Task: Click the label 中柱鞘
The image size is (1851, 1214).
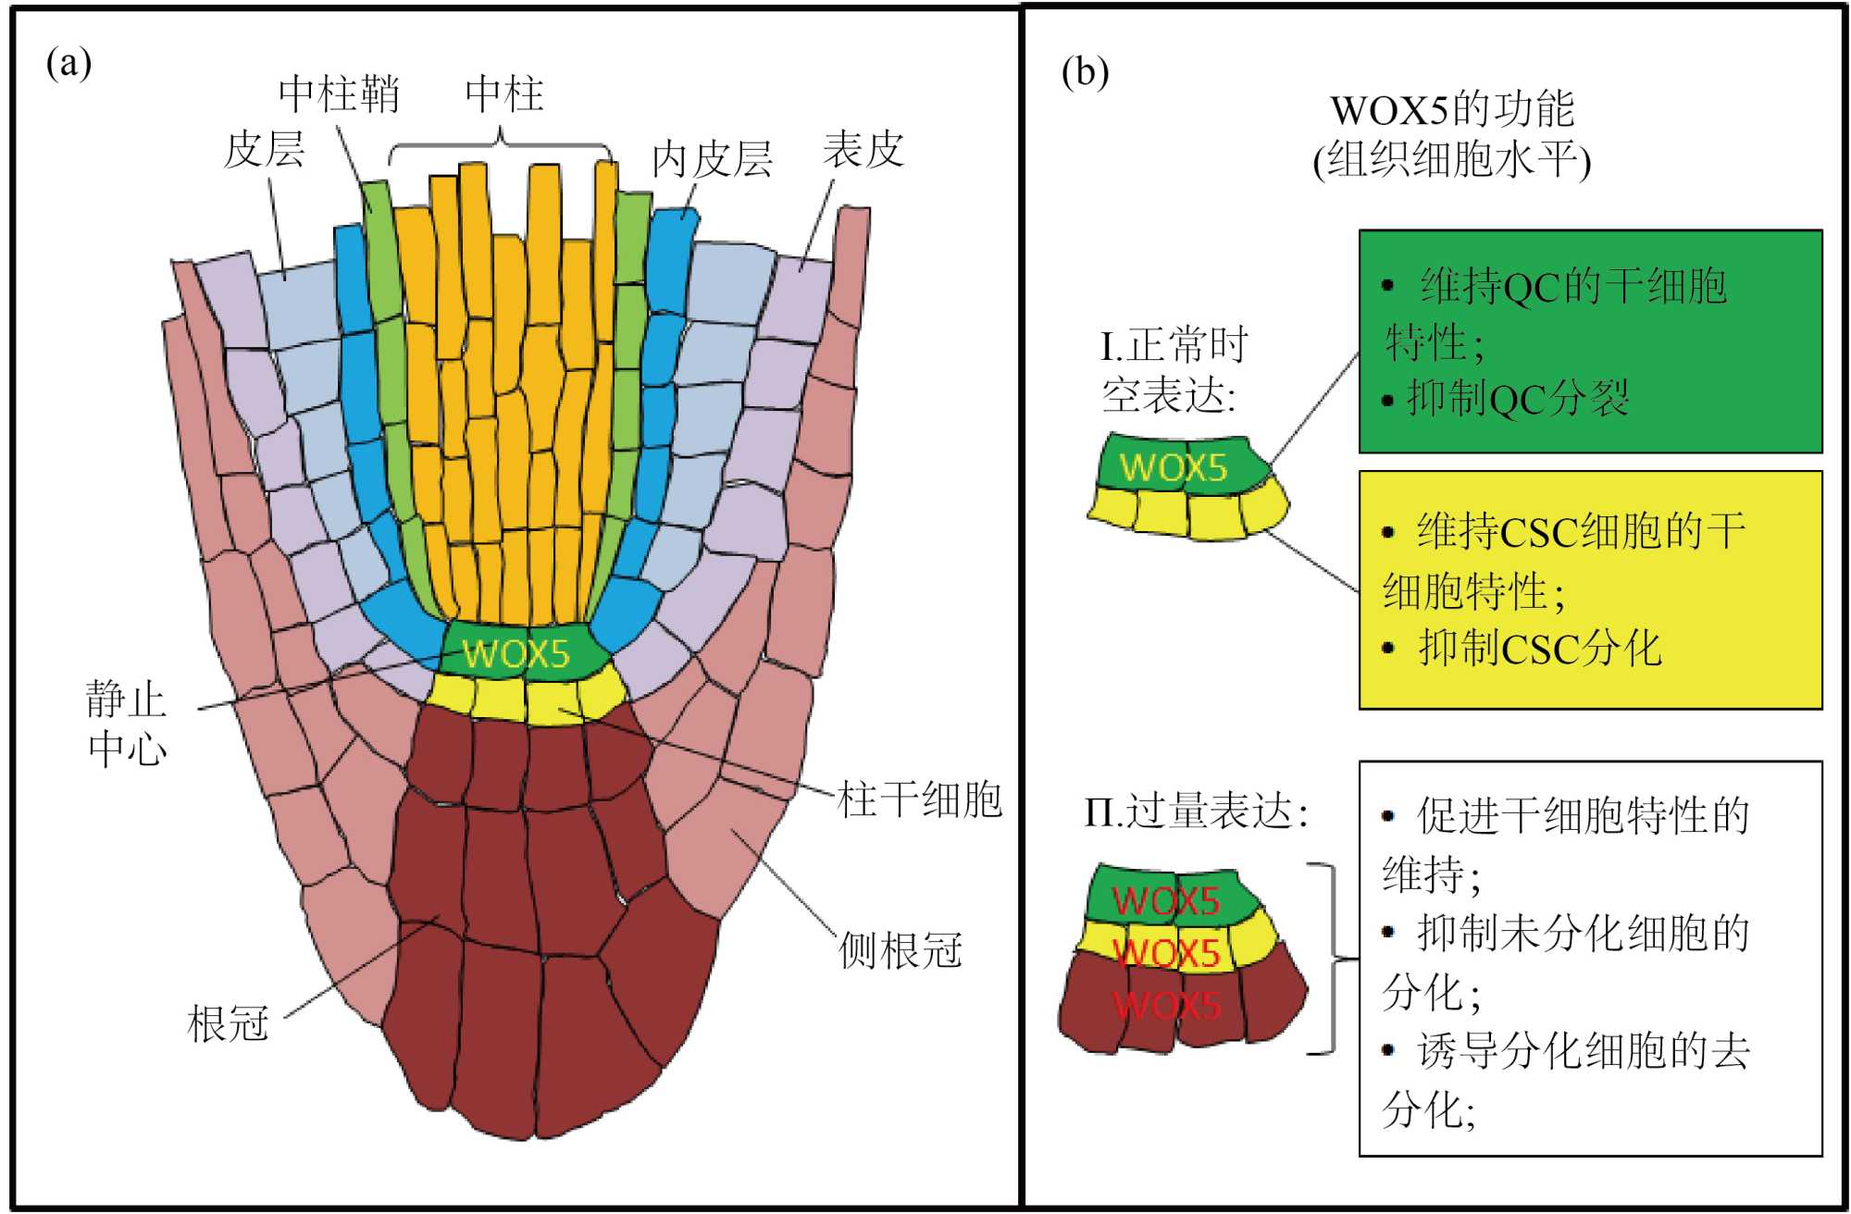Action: tap(339, 94)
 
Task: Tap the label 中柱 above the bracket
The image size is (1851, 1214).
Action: tap(504, 94)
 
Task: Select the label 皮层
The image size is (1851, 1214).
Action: tap(265, 150)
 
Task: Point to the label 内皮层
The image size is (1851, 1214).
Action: tap(712, 159)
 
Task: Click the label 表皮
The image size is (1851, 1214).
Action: tap(863, 150)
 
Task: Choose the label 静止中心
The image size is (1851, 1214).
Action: tap(127, 724)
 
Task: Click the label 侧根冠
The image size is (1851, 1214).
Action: tap(900, 950)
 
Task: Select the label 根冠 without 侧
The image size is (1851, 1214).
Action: tap(228, 1023)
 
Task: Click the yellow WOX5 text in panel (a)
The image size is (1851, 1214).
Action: tap(516, 653)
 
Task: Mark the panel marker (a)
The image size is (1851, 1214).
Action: tap(69, 64)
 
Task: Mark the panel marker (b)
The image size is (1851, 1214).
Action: tap(1085, 72)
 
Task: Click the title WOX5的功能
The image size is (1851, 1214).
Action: tap(1452, 110)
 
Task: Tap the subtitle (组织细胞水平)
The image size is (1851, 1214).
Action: tap(1452, 160)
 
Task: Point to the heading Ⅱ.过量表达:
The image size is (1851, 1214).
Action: tap(1196, 811)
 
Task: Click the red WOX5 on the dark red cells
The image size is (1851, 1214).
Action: tap(1167, 1005)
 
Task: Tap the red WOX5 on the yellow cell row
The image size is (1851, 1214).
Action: tap(1167, 953)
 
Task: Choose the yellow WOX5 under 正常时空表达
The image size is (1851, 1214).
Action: tap(1174, 467)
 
